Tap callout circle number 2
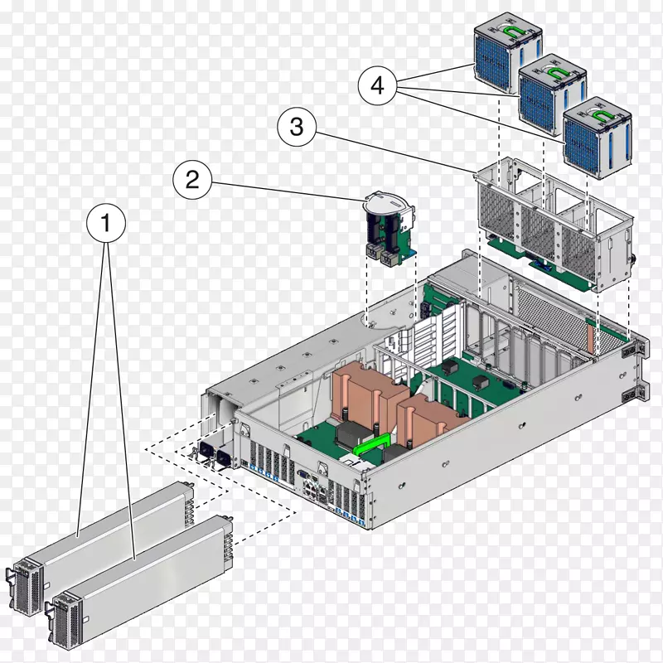tap(192, 180)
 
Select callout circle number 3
tap(296, 128)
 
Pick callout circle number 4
tap(378, 86)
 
